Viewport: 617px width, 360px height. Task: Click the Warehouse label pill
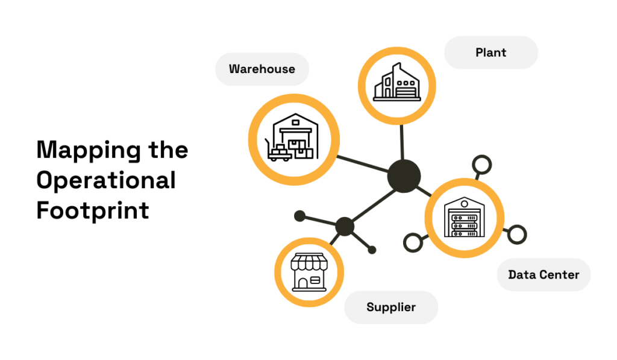(x=262, y=69)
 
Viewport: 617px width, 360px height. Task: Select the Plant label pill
(x=490, y=52)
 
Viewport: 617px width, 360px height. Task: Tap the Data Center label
(x=543, y=275)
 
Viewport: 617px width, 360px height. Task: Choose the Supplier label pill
(x=391, y=308)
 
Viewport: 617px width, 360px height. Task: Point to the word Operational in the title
(x=106, y=180)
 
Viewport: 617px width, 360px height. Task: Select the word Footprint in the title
(x=92, y=210)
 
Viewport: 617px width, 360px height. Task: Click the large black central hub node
(x=404, y=176)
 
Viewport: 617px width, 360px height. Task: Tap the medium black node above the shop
(x=345, y=227)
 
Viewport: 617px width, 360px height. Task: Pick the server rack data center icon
(x=464, y=218)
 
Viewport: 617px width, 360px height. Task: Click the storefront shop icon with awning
(x=308, y=273)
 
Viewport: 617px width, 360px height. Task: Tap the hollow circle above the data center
(x=481, y=165)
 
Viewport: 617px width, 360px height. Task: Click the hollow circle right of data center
(x=517, y=234)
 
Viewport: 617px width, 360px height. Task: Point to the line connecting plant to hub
(x=400, y=142)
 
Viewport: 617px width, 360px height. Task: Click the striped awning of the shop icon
(x=308, y=262)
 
